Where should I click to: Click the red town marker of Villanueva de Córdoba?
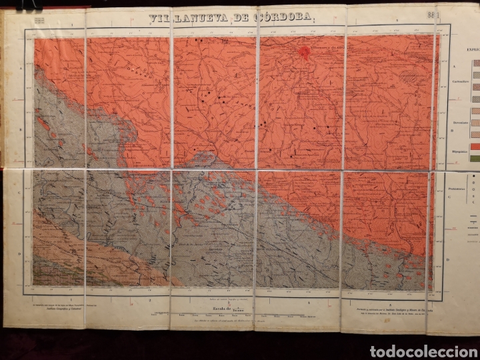coord(306,52)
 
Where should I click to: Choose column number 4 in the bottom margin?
coord(309,301)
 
